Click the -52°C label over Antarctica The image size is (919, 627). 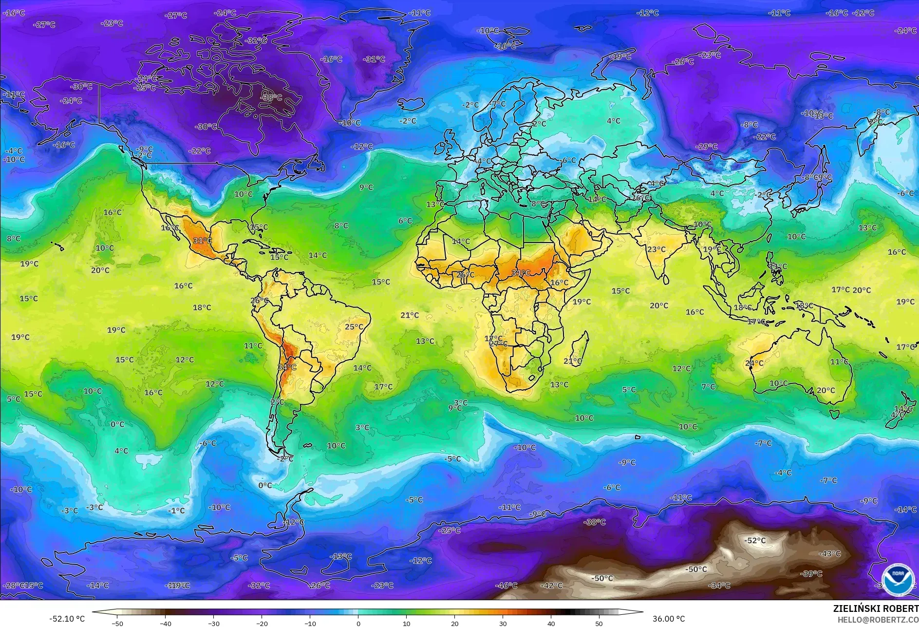click(x=755, y=540)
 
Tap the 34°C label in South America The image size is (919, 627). click(x=287, y=367)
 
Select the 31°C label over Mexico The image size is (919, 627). click(x=202, y=240)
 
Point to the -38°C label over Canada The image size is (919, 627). click(x=271, y=97)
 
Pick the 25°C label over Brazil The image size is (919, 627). click(x=354, y=326)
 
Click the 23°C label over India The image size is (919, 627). click(x=656, y=249)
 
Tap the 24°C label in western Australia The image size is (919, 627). click(x=754, y=363)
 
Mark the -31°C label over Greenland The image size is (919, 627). click(x=374, y=59)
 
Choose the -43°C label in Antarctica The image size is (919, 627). click(x=830, y=553)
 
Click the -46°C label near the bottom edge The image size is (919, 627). click(x=506, y=585)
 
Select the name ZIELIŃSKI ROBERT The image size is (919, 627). click(x=875, y=608)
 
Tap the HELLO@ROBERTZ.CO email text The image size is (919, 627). click(x=878, y=620)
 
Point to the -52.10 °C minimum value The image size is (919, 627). click(x=67, y=619)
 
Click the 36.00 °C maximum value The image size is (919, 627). click(x=669, y=619)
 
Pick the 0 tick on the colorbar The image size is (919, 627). click(x=358, y=623)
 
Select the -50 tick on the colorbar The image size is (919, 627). click(x=117, y=623)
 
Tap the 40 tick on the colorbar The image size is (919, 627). click(x=551, y=623)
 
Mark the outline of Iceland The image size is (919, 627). click(x=411, y=104)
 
